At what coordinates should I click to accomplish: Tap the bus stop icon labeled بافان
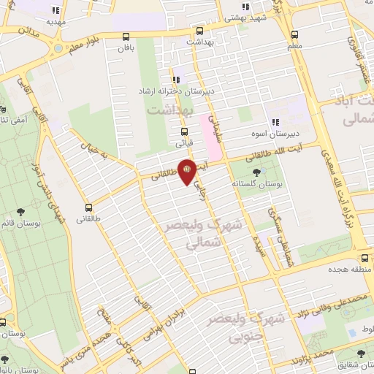[127, 37]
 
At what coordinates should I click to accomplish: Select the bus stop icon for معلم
[294, 34]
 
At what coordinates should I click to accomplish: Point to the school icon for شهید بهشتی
[246, 7]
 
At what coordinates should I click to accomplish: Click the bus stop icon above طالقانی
[88, 207]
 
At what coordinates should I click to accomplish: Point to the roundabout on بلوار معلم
[57, 50]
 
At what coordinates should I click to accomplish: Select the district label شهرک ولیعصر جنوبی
[236, 328]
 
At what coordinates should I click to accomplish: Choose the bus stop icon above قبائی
[184, 132]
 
